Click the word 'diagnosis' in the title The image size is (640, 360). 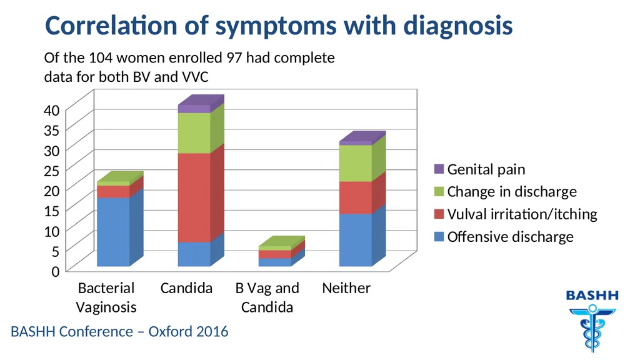tap(458, 26)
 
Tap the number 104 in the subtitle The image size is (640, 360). tap(101, 57)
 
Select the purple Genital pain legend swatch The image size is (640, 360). tap(439, 169)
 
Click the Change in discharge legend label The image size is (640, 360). tap(512, 191)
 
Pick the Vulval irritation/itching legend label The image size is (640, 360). tap(522, 214)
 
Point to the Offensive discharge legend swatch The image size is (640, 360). tap(439, 237)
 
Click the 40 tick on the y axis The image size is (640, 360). tap(52, 110)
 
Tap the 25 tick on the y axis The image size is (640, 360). tap(52, 171)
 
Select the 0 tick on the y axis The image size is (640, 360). tap(56, 271)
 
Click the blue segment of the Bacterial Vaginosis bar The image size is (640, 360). tap(113, 232)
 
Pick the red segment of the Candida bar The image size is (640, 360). tap(194, 197)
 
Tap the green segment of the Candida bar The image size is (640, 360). tap(194, 133)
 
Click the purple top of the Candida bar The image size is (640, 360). tap(194, 109)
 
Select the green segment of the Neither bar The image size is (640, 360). tap(356, 163)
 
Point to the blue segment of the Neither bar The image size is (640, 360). tap(356, 240)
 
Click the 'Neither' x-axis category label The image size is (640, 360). tap(346, 288)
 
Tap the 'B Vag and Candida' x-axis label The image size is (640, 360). tap(267, 297)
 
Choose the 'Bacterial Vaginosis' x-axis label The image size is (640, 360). tap(106, 297)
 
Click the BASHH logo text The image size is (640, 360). tap(592, 296)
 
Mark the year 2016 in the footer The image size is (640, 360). tap(212, 331)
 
